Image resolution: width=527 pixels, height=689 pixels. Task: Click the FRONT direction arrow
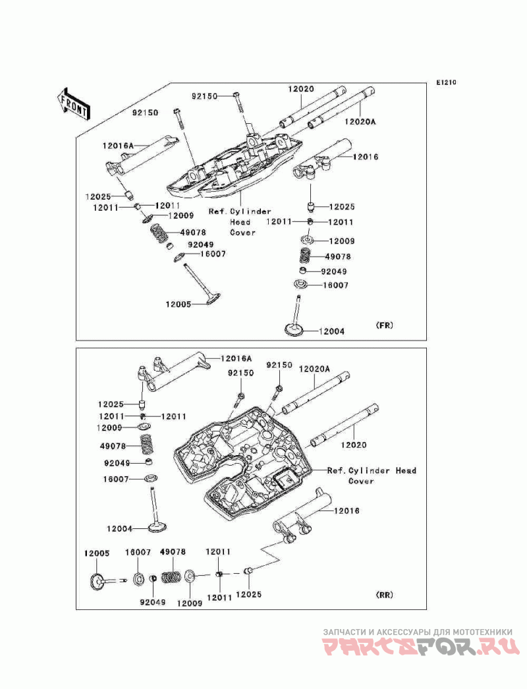73,103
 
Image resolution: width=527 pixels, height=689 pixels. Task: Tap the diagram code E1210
447,82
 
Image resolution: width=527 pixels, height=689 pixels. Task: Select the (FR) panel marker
385,325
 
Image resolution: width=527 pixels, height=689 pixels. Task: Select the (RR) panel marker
385,595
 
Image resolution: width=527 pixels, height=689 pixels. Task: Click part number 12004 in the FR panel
331,331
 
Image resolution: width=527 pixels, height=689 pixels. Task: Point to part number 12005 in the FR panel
179,304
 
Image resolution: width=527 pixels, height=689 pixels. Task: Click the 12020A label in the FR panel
360,121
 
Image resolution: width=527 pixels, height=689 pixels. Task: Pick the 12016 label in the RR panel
347,510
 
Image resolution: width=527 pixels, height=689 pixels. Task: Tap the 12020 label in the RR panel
354,445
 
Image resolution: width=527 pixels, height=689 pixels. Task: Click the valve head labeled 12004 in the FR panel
294,329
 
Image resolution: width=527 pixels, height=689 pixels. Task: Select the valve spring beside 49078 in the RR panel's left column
146,445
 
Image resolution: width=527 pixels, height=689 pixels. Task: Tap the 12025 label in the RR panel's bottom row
249,595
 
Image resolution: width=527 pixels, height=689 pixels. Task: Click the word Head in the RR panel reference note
406,470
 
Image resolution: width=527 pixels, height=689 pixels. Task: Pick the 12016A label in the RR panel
236,358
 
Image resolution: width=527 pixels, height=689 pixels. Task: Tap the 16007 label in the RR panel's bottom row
138,553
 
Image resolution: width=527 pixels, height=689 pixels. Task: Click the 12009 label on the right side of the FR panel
341,241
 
